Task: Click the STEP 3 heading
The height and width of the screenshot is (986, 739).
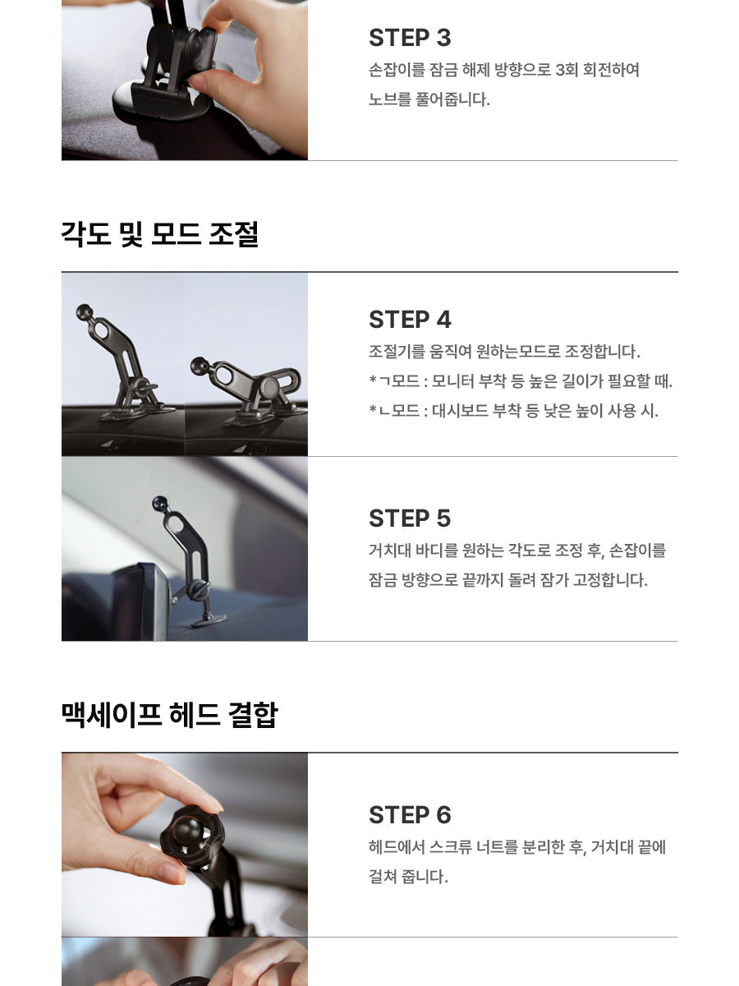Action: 410,38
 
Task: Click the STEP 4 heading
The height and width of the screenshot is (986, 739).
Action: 410,320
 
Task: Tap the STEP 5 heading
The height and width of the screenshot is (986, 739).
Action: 410,518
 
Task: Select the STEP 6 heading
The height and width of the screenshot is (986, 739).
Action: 410,815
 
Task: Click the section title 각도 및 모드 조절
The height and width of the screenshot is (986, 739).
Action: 160,234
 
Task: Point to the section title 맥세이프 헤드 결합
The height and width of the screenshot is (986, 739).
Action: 170,714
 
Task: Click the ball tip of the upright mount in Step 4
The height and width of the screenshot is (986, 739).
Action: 85,312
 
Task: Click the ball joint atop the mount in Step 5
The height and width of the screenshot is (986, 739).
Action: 160,503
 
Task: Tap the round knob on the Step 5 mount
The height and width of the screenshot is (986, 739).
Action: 198,589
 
